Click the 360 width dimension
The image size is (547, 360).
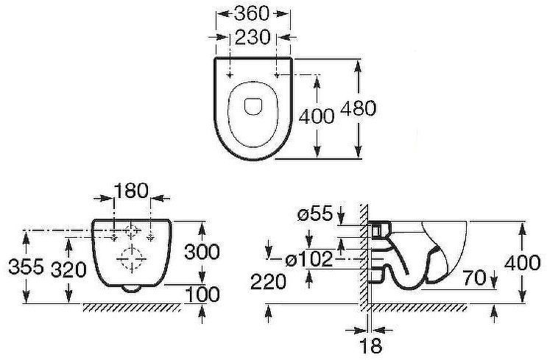[x=252, y=14]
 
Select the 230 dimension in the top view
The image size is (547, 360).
[x=253, y=37]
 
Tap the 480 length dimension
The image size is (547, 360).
[x=358, y=108]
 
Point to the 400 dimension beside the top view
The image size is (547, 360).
[x=317, y=116]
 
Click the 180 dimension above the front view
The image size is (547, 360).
[x=131, y=191]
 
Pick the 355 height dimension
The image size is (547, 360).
[x=27, y=267]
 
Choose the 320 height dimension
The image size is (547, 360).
[x=68, y=269]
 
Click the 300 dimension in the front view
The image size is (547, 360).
[x=202, y=252]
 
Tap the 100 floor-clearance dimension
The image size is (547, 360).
[x=202, y=294]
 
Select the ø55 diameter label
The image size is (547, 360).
[x=315, y=213]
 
